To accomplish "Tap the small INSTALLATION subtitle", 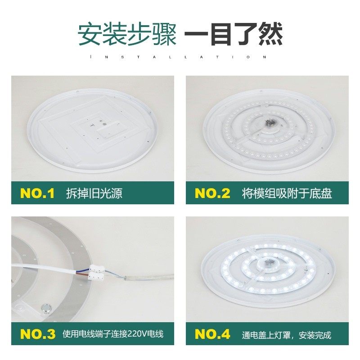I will pyautogui.click(x=180, y=57).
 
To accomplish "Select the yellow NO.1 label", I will pyautogui.click(x=37, y=193).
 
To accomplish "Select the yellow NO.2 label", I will pyautogui.click(x=212, y=193).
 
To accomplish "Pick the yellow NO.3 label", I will pyautogui.click(x=37, y=334).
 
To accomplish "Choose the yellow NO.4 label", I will pyautogui.click(x=212, y=334).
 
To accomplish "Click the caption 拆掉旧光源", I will pyautogui.click(x=94, y=194).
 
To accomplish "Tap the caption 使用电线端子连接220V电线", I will pyautogui.click(x=113, y=335).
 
